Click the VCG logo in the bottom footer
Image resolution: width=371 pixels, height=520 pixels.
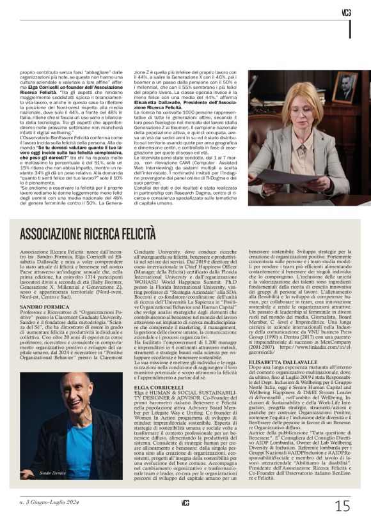[x=185, y=502]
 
